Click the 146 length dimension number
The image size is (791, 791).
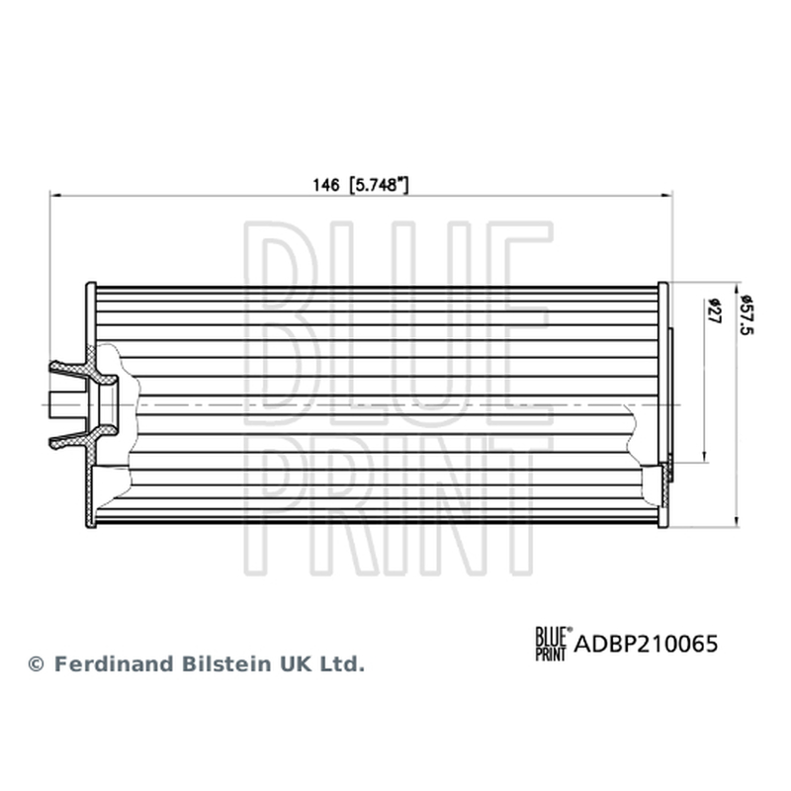(326, 185)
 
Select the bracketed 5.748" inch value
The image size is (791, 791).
(379, 185)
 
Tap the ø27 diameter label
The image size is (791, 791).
(713, 310)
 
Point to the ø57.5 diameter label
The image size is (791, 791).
(746, 314)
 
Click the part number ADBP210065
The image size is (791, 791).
(646, 644)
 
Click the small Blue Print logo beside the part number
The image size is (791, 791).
(554, 644)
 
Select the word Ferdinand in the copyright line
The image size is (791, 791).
(115, 663)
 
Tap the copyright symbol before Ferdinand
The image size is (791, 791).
(37, 664)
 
